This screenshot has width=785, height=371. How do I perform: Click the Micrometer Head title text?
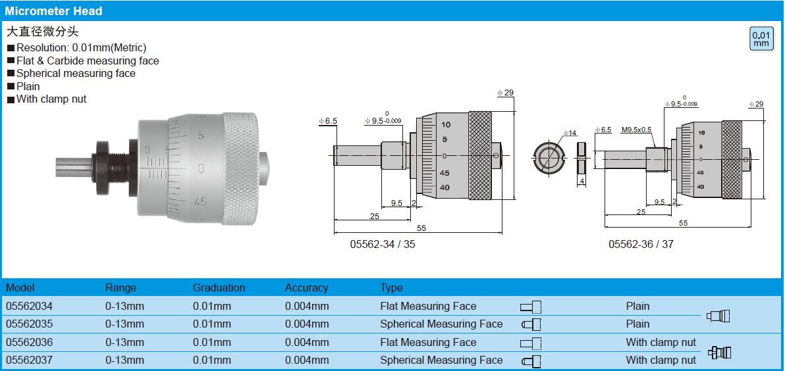point(53,11)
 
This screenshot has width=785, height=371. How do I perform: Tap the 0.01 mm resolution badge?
point(761,39)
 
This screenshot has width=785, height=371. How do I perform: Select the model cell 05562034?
point(29,306)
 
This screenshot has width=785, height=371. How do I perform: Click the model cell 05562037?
point(29,360)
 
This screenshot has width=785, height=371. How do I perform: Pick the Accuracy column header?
point(306,288)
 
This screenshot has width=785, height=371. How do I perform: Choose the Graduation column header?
point(219,288)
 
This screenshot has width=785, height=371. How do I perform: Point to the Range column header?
point(121,288)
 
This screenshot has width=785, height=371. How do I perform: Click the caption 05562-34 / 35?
point(383,245)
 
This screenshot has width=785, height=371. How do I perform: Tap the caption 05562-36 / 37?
point(641,245)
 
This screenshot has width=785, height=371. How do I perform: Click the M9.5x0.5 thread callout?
point(637,130)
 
